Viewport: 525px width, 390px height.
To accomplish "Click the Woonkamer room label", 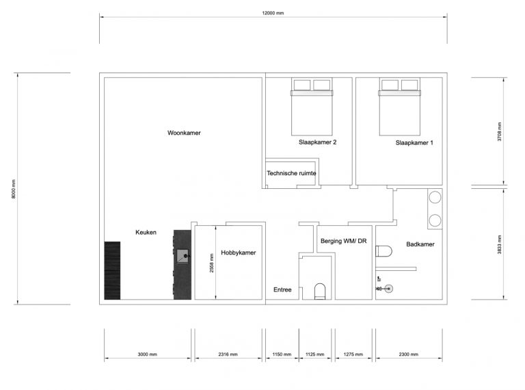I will (184, 133).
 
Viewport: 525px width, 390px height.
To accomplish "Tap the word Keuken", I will (146, 232).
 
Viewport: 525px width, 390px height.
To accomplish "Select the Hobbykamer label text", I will (238, 252).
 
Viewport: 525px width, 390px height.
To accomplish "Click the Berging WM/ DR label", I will (343, 242).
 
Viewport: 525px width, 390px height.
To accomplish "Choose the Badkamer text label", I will (420, 244).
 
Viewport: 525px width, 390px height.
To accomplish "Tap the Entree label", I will (282, 289).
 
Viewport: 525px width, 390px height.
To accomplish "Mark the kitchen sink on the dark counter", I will (183, 257).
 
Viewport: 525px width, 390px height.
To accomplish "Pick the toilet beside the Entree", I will (319, 291).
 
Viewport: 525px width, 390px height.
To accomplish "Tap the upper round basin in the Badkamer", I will (434, 198).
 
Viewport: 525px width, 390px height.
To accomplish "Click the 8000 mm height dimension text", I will (13, 188).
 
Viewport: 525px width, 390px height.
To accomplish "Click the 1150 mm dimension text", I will (281, 354).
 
